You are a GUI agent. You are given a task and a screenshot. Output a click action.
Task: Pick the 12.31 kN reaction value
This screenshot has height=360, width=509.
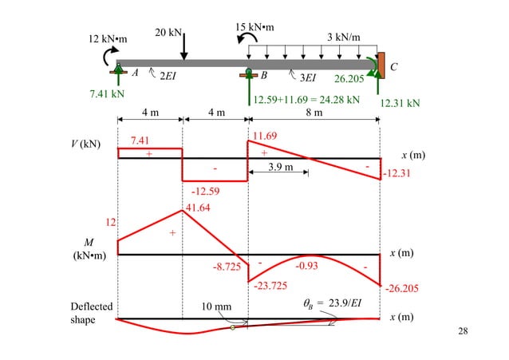click(400, 103)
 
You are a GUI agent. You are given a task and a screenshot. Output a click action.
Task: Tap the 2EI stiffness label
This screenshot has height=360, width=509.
click(168, 76)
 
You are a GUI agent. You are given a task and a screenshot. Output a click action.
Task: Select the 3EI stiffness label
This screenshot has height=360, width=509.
click(308, 77)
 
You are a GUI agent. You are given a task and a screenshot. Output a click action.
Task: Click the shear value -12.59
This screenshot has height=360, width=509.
click(206, 191)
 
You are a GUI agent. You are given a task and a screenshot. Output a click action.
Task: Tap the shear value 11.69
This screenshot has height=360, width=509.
click(265, 136)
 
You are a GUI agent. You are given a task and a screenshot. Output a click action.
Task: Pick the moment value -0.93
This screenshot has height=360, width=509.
click(308, 266)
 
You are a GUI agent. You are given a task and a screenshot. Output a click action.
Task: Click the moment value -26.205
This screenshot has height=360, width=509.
click(402, 289)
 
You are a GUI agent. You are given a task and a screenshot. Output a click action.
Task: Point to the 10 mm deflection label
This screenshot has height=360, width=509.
click(216, 307)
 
